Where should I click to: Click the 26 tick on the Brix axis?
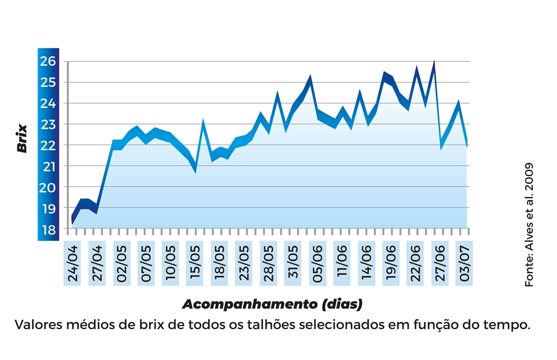click(48, 61)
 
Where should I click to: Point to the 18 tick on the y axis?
click(48, 229)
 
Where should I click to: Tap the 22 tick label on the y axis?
click(48, 145)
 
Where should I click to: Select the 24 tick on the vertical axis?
click(48, 103)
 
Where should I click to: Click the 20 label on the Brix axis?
click(48, 188)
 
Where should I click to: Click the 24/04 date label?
click(72, 264)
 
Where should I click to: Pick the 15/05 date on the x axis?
click(195, 264)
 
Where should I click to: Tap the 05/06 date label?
click(317, 264)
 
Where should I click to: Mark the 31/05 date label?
click(293, 264)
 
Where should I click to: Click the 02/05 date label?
click(121, 264)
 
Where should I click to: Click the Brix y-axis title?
click(22, 139)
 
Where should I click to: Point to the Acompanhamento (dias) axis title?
click(272, 303)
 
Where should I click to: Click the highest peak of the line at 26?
click(434, 62)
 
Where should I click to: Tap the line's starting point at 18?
click(72, 224)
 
